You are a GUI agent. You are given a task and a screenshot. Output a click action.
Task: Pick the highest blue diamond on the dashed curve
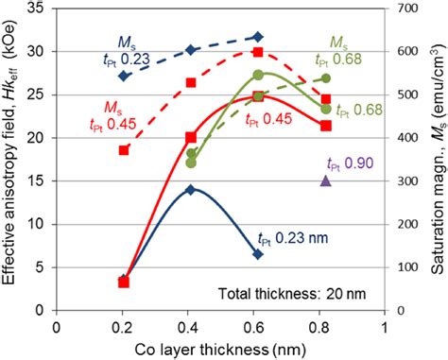(x=258, y=37)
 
